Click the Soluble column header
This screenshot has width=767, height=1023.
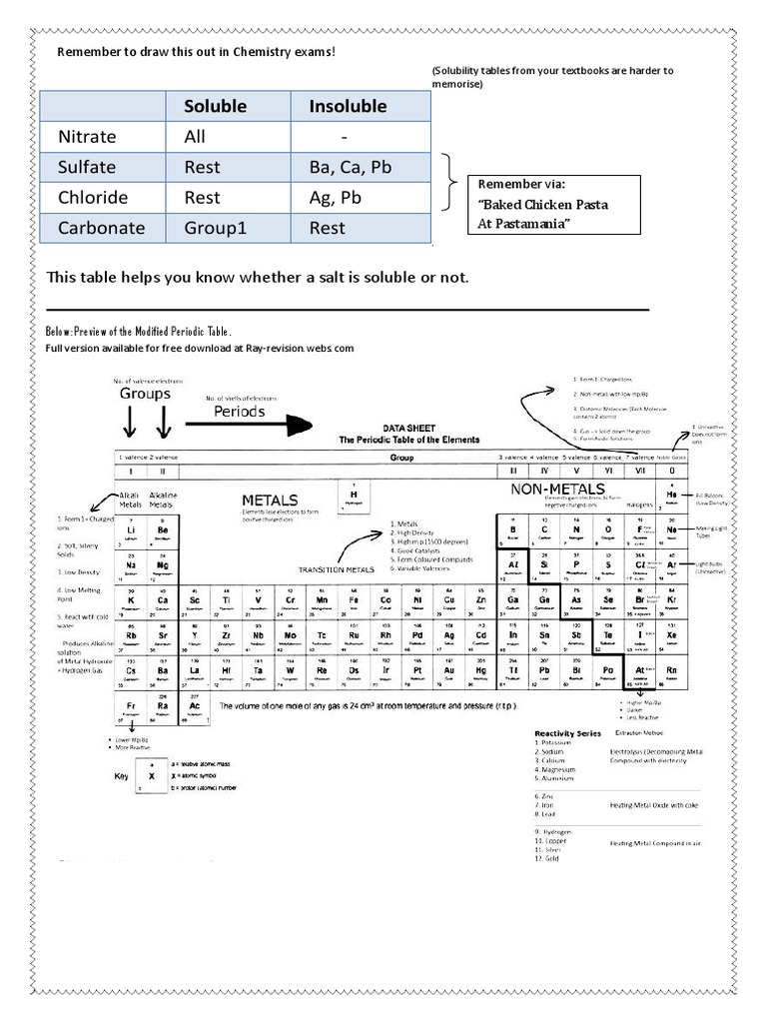point(218,106)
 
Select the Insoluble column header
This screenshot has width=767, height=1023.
point(348,106)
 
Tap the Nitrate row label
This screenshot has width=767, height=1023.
point(87,137)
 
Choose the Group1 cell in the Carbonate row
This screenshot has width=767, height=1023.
point(215,228)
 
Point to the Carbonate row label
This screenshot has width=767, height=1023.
point(101,228)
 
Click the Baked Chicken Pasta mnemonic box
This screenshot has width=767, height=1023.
point(554,204)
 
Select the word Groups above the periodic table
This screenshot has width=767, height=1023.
point(146,394)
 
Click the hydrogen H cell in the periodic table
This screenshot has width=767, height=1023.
point(353,496)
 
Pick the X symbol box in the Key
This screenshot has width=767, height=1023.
point(152,775)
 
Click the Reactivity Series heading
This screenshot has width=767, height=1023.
point(567,732)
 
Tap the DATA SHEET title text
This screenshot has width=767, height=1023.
point(410,427)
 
